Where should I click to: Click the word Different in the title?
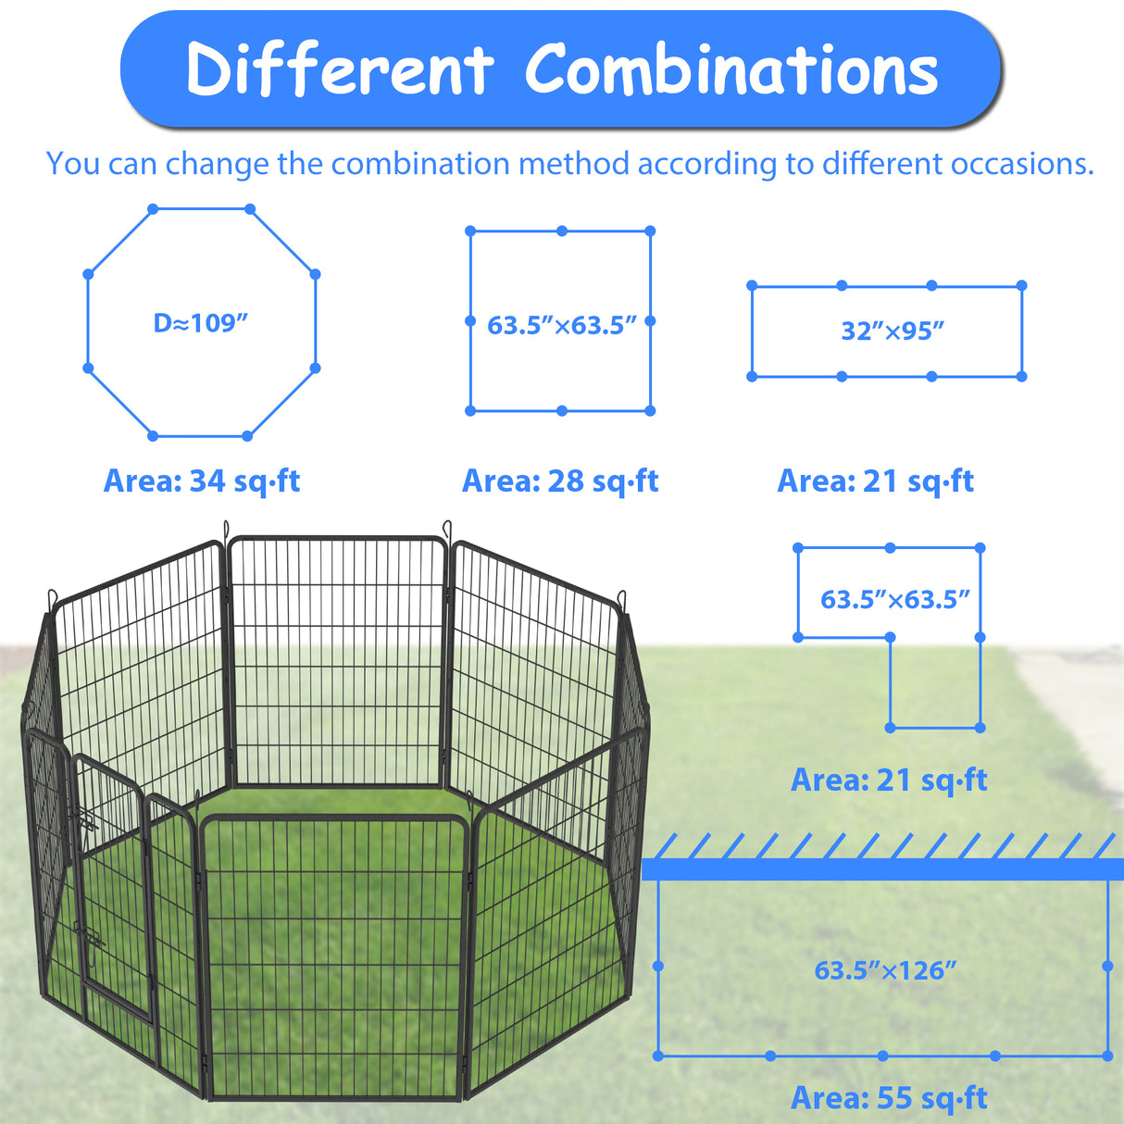(341, 69)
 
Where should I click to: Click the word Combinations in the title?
(731, 69)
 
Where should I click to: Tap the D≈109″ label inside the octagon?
(201, 323)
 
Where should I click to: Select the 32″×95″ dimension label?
(893, 331)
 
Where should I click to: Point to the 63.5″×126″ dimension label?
(885, 970)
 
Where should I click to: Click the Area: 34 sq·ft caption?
(202, 481)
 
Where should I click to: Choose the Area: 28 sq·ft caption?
(560, 481)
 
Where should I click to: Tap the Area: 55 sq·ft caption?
(889, 1097)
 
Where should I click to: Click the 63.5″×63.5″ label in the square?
(562, 326)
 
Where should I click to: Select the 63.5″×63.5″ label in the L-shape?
(894, 600)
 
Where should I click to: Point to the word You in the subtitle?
(73, 164)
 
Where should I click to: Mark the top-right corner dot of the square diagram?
(650, 231)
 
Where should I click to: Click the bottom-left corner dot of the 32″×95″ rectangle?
(752, 377)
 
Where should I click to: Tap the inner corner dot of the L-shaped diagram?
(890, 638)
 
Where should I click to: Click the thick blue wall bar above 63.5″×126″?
(882, 869)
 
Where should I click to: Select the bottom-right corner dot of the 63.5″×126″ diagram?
(1107, 1055)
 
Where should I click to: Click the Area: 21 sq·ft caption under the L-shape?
(889, 780)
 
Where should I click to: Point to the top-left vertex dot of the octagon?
(153, 209)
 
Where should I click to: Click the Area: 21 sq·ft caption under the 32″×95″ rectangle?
(876, 481)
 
